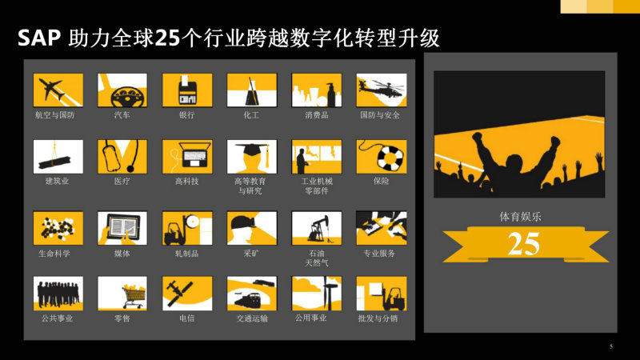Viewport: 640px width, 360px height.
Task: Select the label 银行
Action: [187, 115]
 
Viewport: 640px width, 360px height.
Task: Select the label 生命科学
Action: [54, 254]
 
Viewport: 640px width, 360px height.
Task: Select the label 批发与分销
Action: [378, 318]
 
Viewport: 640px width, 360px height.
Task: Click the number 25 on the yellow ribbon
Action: [524, 244]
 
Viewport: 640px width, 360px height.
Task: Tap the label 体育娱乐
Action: [521, 217]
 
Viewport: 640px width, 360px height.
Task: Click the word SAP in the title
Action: [39, 38]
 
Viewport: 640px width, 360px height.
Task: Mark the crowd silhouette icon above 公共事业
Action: [58, 294]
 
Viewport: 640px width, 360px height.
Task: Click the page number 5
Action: [611, 346]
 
